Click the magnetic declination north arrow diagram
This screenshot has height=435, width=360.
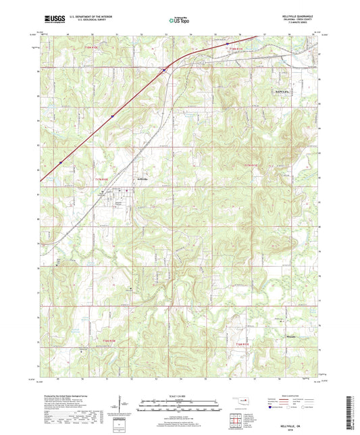[120, 404]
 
